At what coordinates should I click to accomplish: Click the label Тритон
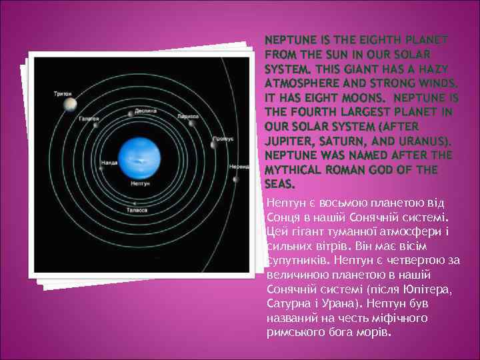click(63, 94)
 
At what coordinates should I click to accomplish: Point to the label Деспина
click(145, 110)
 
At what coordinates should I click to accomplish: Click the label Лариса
click(189, 115)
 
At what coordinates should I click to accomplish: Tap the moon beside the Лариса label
click(193, 123)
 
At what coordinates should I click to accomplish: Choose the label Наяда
click(109, 162)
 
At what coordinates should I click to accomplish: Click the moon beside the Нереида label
click(235, 178)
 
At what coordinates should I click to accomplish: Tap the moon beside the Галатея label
click(96, 125)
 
